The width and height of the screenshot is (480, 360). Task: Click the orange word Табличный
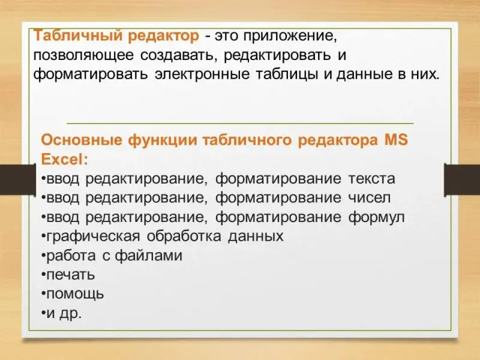[79, 36]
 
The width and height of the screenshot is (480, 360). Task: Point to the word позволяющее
[83, 56]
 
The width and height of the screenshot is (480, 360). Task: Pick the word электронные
[202, 74]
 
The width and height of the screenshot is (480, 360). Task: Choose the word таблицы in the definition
[286, 75]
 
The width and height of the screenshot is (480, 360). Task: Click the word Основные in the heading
[82, 140]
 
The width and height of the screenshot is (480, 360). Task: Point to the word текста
[371, 179]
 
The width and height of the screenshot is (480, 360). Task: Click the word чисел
[370, 198]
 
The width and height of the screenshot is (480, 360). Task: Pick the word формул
[377, 217]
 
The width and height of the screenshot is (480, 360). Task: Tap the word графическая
[93, 236]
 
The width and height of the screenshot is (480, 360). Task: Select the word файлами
[149, 256]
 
